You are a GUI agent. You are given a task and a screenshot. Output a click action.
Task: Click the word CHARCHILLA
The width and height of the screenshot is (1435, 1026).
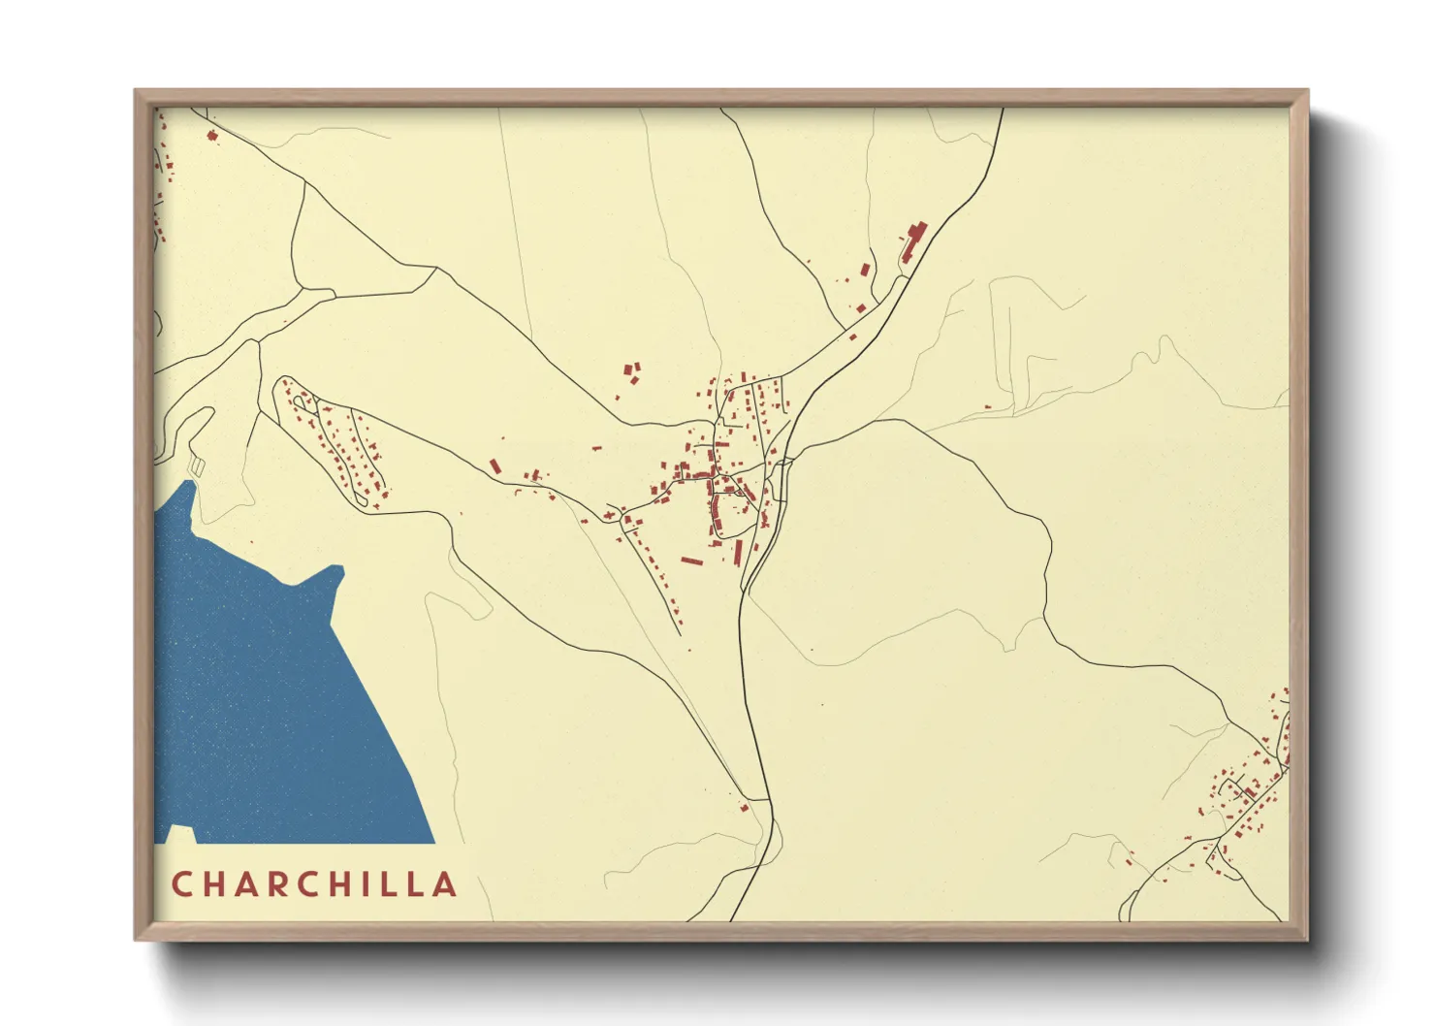pyautogui.click(x=313, y=884)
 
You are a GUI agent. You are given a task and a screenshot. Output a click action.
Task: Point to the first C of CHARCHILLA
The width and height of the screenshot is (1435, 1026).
pyautogui.click(x=180, y=884)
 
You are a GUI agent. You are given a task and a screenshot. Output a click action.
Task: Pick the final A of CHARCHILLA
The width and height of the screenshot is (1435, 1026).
pyautogui.click(x=445, y=884)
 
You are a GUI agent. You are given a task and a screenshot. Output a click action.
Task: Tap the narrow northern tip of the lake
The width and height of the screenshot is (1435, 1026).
pyautogui.click(x=187, y=485)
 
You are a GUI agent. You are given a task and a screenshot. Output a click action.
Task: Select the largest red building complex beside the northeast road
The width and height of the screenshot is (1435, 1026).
pyautogui.click(x=913, y=240)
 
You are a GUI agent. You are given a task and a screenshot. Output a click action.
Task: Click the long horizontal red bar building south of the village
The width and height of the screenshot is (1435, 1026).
pyautogui.click(x=691, y=561)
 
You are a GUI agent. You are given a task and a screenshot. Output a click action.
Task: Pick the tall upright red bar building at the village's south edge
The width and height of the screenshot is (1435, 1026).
pyautogui.click(x=738, y=553)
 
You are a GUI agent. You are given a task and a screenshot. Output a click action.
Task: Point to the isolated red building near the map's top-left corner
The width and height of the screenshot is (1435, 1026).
pyautogui.click(x=212, y=135)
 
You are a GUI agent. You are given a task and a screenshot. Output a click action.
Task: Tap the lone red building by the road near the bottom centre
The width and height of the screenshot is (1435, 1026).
pyautogui.click(x=745, y=807)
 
